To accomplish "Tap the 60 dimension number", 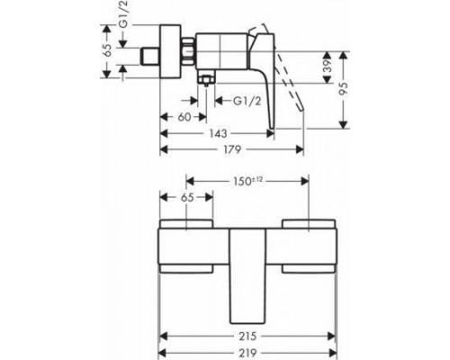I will pos(183,116).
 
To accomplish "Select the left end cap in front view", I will pos(187,245).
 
